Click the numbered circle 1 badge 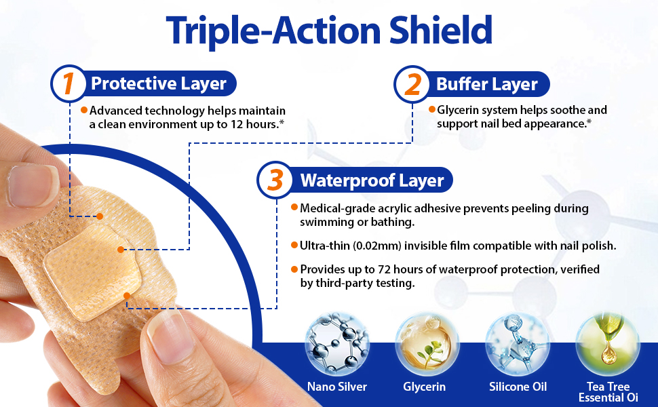69,83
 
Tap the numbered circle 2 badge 412,84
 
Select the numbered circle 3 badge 275,180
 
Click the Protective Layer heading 158,83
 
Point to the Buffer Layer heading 486,84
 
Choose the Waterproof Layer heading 372,180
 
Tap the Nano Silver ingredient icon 336,343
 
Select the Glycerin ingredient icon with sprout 427,343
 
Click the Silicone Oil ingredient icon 518,343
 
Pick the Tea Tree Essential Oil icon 608,343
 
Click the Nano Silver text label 336,387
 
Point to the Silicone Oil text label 518,387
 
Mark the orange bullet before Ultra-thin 294,245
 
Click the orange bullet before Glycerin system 431,109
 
